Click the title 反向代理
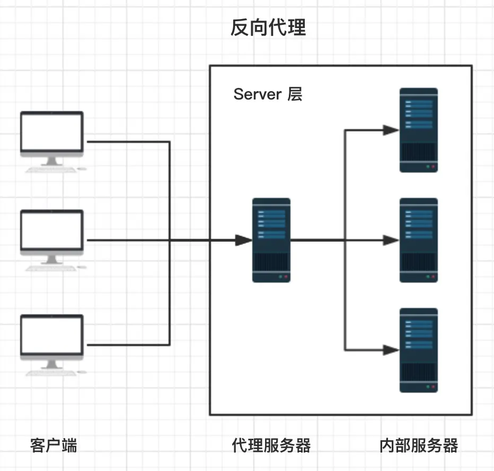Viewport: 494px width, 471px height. pos(268,28)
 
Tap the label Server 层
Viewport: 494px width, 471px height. pos(268,94)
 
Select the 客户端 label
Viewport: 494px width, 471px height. pos(54,446)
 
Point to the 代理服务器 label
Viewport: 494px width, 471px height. pos(271,446)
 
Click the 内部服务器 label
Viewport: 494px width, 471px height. pos(419,446)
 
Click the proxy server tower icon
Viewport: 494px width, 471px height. pos(271,240)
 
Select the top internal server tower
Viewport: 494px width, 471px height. pos(419,130)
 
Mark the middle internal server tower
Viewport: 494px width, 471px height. pos(419,240)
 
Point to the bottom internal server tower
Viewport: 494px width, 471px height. pos(419,350)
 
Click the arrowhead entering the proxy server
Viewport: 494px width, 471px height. pos(244,240)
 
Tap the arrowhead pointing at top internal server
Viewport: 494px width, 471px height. pos(391,130)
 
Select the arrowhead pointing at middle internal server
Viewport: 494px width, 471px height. pos(391,240)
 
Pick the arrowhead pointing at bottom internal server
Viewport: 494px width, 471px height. pos(391,350)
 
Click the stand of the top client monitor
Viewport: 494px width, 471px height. pos(52,161)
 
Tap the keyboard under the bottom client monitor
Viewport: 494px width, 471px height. pos(51,373)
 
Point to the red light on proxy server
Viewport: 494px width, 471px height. pos(286,277)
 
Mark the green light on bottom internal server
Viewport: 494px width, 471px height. pos(428,387)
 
